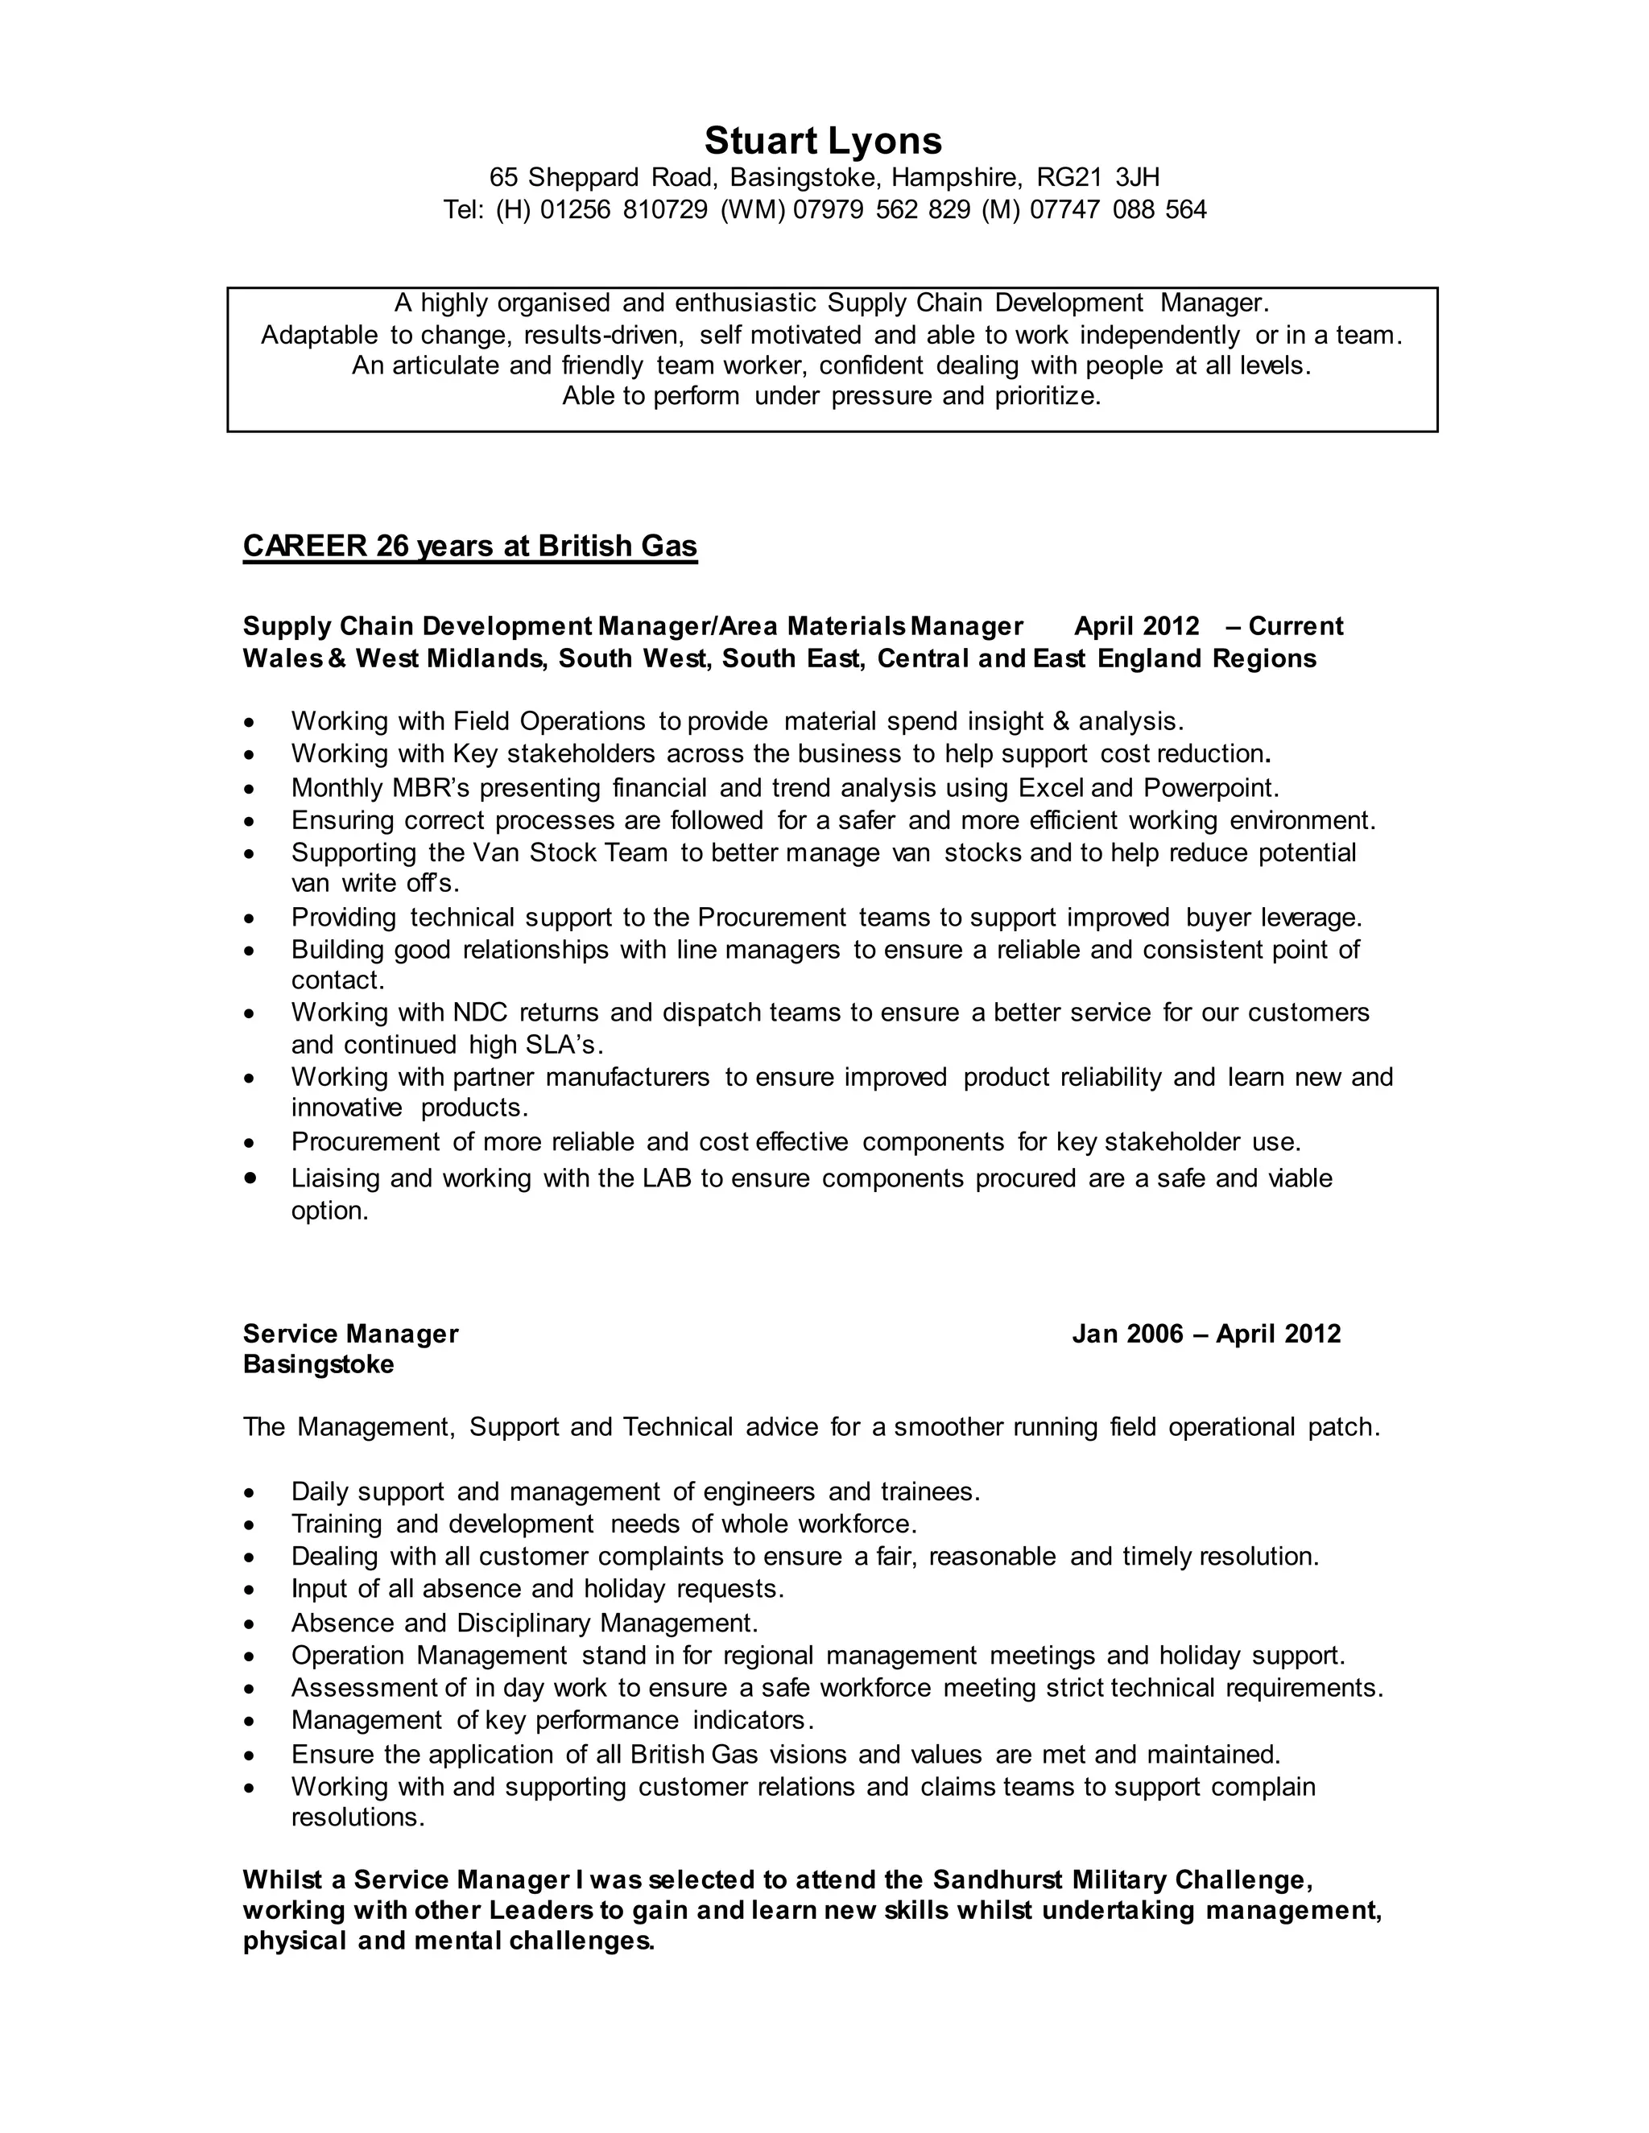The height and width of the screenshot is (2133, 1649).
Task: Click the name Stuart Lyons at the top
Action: (823, 141)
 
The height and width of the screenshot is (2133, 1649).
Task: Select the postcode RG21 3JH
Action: (1098, 178)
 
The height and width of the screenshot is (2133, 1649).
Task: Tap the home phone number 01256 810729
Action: (623, 210)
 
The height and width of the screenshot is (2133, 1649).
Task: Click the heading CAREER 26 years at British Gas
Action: (470, 546)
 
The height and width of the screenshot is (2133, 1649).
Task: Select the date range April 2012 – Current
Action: (1209, 626)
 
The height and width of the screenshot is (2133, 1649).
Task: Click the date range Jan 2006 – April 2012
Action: (1205, 1334)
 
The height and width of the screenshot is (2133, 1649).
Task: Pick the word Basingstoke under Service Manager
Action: (319, 1364)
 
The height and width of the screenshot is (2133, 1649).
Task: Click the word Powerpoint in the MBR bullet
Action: (1209, 787)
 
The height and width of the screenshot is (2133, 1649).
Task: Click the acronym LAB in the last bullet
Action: (666, 1179)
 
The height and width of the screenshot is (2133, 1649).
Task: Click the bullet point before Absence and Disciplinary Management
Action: (251, 1624)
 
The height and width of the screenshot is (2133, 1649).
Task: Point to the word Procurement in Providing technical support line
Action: (771, 918)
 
